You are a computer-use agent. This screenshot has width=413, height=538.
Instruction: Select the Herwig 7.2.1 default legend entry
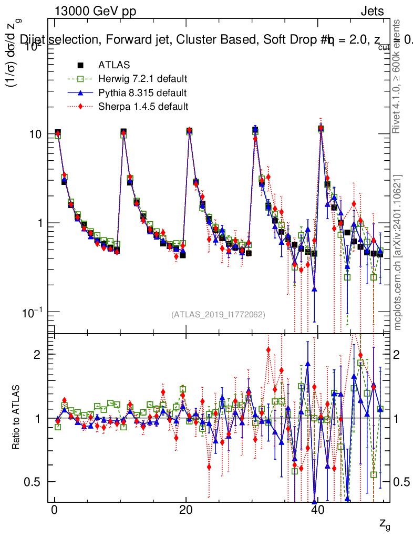[142, 79]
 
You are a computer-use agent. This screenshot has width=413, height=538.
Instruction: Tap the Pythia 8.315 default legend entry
[142, 94]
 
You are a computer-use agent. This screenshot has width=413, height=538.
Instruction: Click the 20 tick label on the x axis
[185, 512]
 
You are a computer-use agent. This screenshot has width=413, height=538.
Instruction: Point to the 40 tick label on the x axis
[317, 512]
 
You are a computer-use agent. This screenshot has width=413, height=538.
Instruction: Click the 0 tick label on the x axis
[54, 512]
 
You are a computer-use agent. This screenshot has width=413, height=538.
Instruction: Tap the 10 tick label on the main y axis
[36, 134]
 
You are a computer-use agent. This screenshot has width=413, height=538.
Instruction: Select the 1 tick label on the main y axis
[41, 223]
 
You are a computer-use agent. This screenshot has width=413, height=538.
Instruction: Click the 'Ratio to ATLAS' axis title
[17, 418]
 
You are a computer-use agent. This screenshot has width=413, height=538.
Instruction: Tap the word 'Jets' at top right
[372, 12]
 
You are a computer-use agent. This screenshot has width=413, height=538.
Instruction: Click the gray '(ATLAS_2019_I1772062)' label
[218, 315]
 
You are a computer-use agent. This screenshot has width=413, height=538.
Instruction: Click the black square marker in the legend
[80, 66]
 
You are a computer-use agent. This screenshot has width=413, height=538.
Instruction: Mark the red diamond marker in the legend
[80, 107]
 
